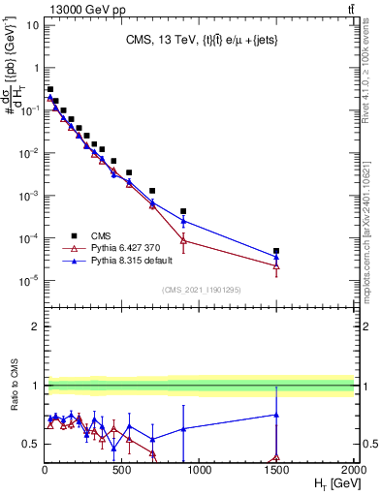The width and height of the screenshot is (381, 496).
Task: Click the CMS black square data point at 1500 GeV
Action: [x=276, y=251]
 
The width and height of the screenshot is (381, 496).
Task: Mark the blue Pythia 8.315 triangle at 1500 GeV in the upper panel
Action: [x=276, y=257]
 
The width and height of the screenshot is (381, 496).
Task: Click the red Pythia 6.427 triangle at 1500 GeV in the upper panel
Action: [x=276, y=266]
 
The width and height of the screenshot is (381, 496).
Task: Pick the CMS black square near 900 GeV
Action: [x=183, y=211]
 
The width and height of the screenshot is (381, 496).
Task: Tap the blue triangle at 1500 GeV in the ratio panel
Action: [x=276, y=415]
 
